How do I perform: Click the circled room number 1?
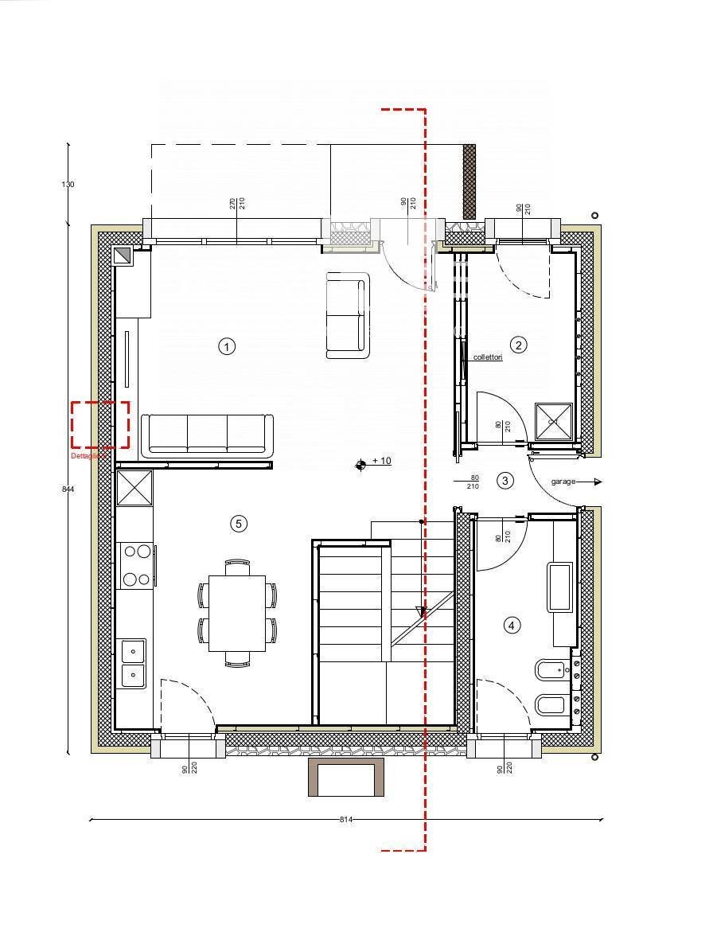coord(228,346)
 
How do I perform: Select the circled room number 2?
coord(519,345)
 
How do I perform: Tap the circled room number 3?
coord(505,480)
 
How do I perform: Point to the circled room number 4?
coord(512,626)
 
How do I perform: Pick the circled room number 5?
coord(238,523)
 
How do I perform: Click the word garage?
coord(563,482)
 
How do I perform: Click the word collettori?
coord(488,357)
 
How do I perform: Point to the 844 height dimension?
coord(68,489)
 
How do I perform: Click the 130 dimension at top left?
coord(68,184)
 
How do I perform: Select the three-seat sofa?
coord(207,435)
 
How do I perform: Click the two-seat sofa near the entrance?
coord(348,315)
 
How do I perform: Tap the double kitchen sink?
coord(133,663)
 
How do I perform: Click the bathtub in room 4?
coord(559,587)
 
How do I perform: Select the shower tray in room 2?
coord(554,421)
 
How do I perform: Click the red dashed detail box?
coord(100,425)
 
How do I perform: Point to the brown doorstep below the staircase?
coord(346,777)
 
